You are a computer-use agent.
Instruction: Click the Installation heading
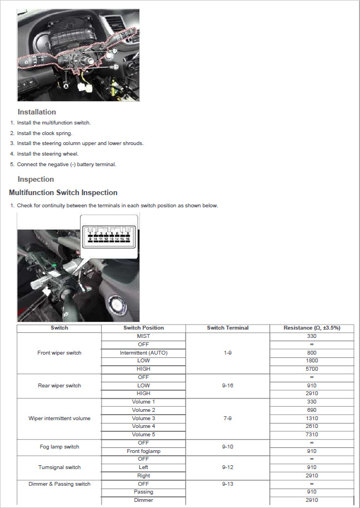tap(37, 112)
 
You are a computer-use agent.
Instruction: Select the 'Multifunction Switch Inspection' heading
tap(63, 193)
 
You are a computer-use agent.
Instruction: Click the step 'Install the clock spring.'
tap(44, 133)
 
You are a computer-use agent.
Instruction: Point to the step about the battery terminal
tap(67, 165)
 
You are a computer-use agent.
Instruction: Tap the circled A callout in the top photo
tap(66, 87)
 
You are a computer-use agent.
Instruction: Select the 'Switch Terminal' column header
tap(228, 328)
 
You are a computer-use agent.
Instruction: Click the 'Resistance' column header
tap(312, 328)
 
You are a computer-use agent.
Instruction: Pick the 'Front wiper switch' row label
tap(59, 353)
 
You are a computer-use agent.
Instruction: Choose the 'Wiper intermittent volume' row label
tap(59, 418)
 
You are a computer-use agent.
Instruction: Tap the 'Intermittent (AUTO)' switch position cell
tap(143, 353)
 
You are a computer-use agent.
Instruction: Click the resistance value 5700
tap(312, 369)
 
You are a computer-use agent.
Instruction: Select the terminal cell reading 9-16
tap(228, 386)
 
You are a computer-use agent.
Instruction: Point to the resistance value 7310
tap(312, 435)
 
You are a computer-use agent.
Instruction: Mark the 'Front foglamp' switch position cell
tap(143, 451)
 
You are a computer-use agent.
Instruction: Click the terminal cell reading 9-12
tap(228, 467)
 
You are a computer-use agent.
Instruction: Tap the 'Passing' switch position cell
tap(143, 492)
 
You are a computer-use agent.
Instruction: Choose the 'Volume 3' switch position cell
tap(143, 418)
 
